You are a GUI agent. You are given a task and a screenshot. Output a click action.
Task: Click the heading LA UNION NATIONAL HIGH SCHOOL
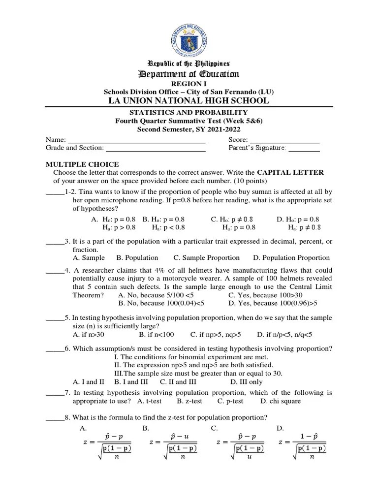pos(189,100)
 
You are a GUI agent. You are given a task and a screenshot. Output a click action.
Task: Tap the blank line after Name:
pos(136,139)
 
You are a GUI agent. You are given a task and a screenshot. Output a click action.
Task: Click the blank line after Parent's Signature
pos(304,148)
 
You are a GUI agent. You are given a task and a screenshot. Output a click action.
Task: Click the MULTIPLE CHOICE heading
pos(82,164)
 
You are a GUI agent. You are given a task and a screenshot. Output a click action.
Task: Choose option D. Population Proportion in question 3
pos(291,257)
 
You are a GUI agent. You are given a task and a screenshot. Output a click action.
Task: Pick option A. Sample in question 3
pos(89,257)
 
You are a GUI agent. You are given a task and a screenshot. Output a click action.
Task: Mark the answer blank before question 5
pos(55,318)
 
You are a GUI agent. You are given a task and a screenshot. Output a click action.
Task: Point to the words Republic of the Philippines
pos(189,64)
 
